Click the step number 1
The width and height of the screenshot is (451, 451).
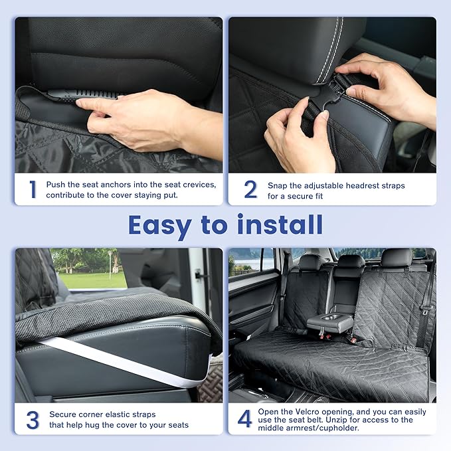coord(32,189)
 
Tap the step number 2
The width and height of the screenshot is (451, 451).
coord(250,189)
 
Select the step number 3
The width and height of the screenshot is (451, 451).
coord(32,420)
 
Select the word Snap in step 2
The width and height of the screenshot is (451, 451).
coord(279,185)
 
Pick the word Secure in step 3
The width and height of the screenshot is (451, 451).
coord(62,414)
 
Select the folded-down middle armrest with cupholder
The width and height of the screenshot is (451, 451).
coord(330,322)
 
